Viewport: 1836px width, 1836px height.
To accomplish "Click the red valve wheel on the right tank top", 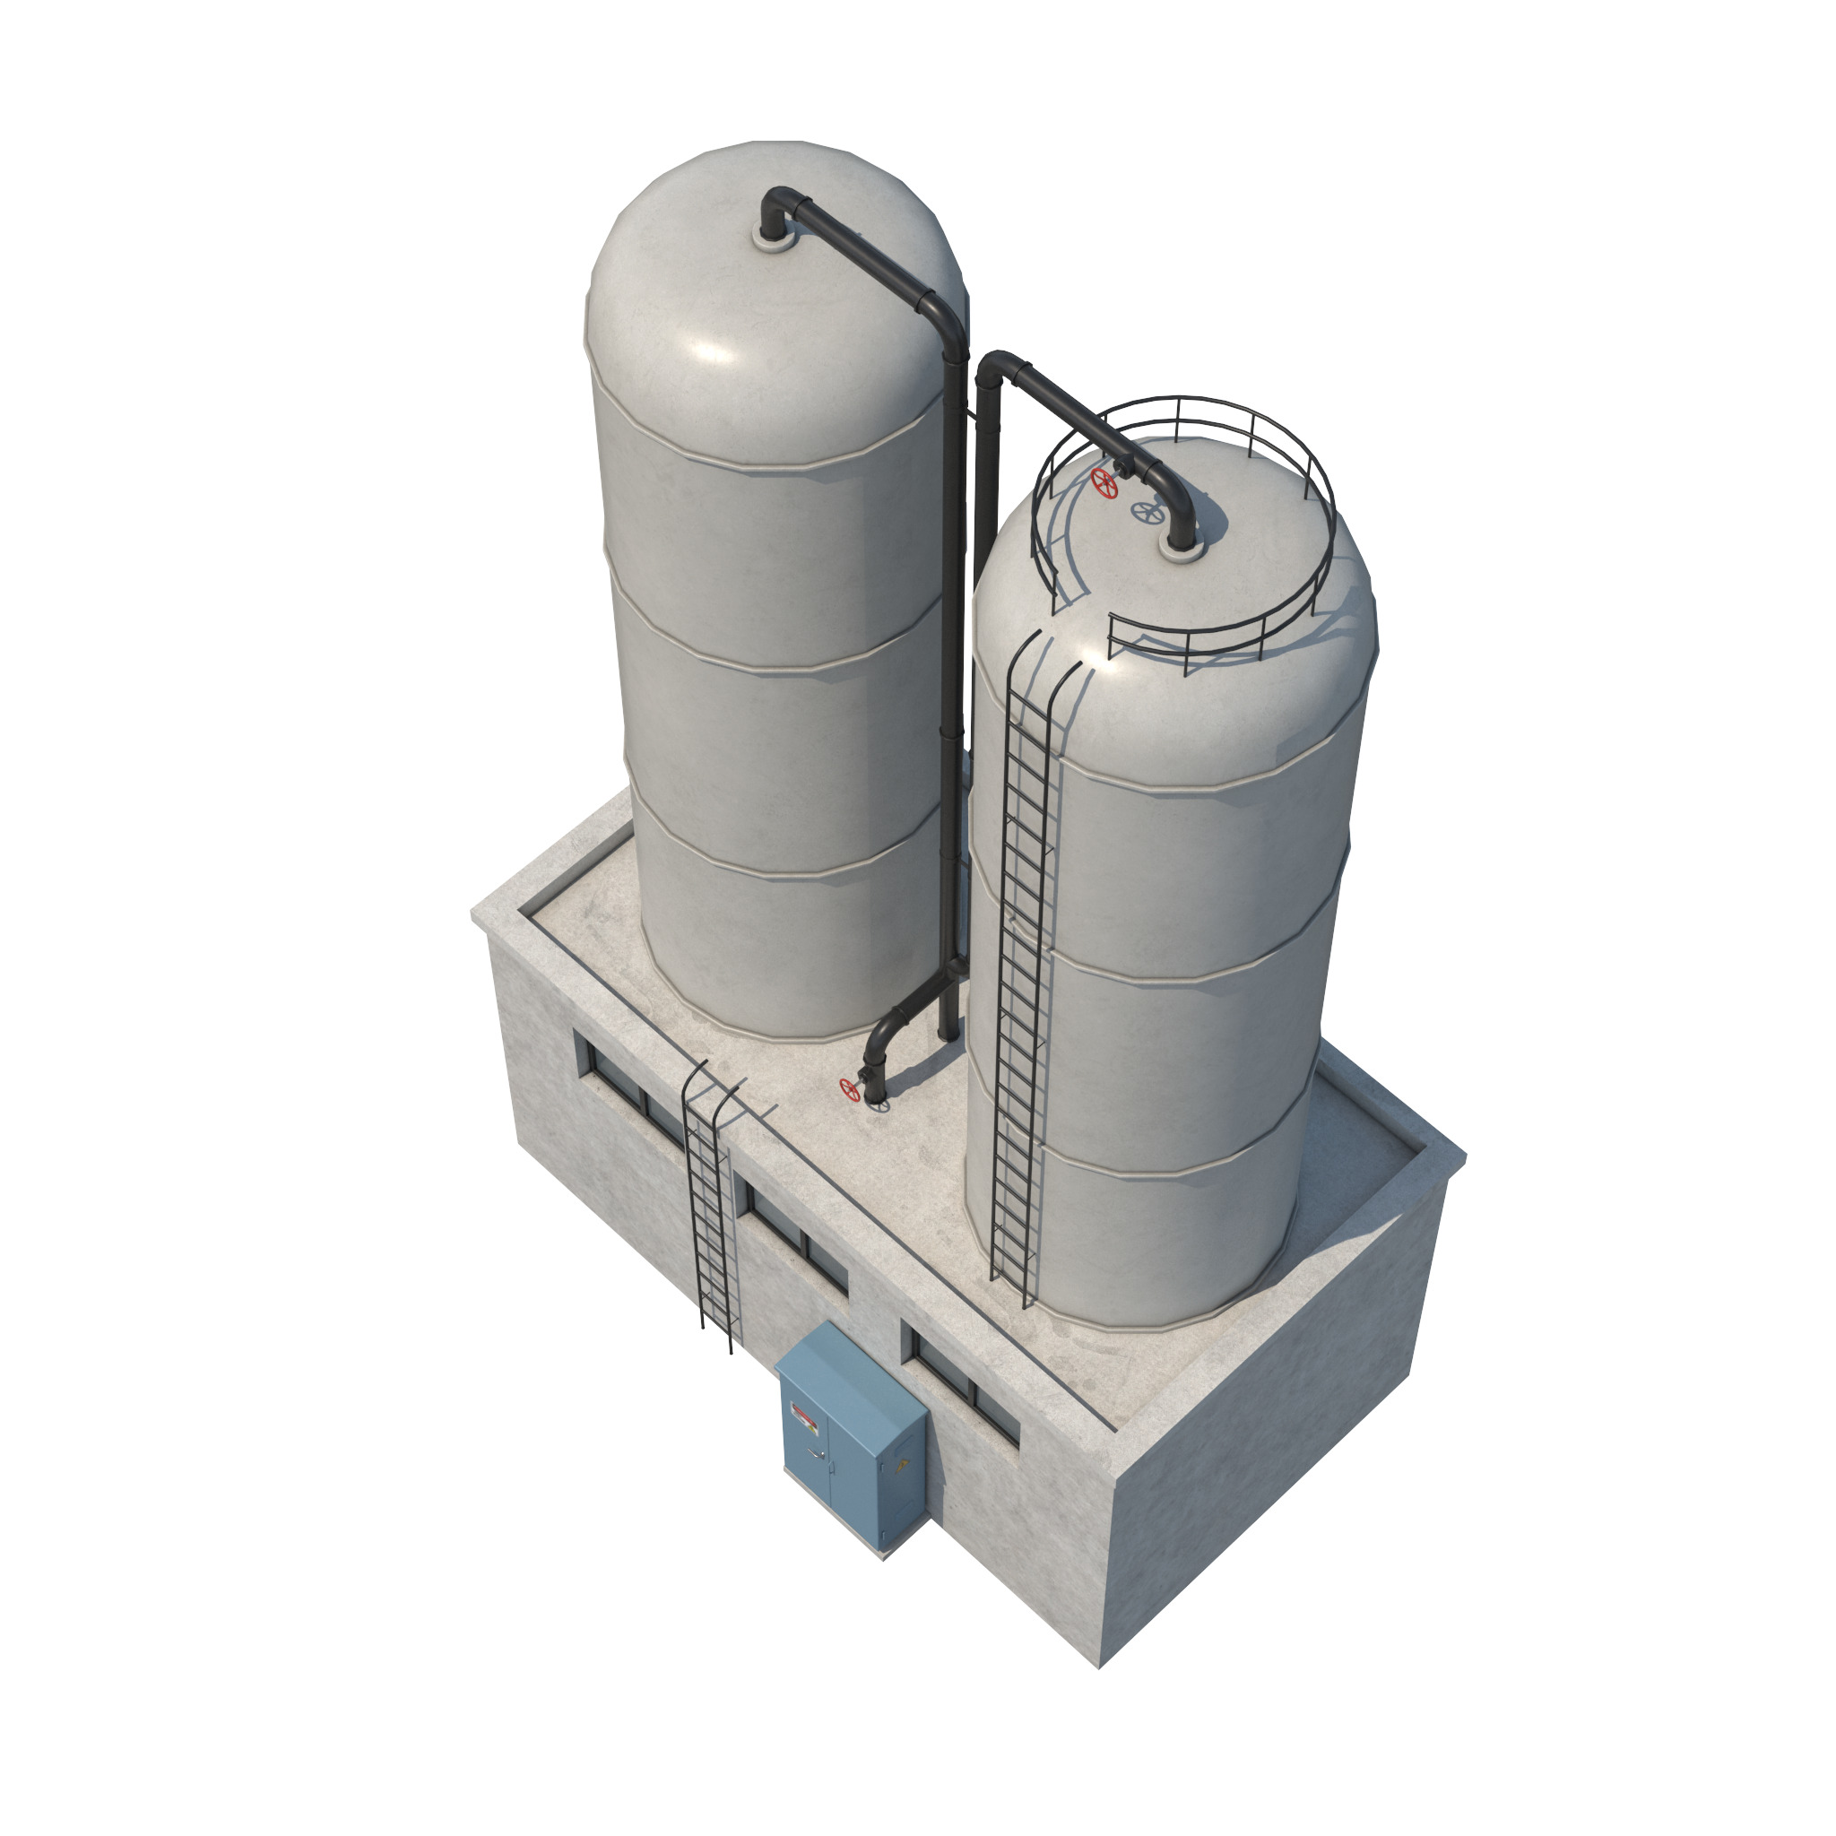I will tap(1104, 481).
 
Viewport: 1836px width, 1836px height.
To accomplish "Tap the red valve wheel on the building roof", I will tap(850, 1089).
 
